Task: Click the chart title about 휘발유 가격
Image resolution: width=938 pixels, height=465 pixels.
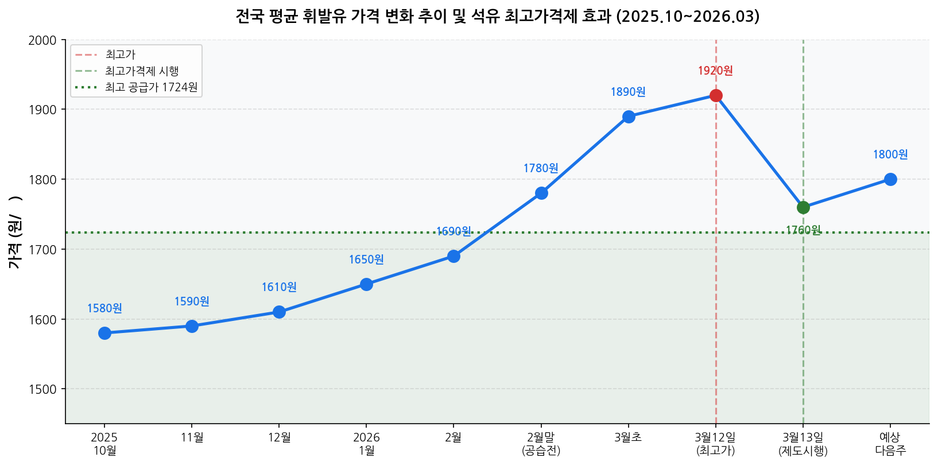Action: pyautogui.click(x=497, y=16)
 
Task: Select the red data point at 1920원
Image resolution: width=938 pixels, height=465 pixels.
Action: pyautogui.click(x=716, y=95)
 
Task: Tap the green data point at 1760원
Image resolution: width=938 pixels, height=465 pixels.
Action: pyautogui.click(x=803, y=207)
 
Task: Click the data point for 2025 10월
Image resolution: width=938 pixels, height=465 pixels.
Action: pyautogui.click(x=104, y=333)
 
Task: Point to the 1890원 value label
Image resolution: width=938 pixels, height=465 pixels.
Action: pyautogui.click(x=628, y=92)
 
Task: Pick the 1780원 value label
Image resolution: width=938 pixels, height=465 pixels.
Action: pyautogui.click(x=541, y=168)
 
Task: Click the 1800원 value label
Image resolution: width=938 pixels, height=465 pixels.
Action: pyautogui.click(x=890, y=154)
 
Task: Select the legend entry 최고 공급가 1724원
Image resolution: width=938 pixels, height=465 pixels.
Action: pyautogui.click(x=151, y=87)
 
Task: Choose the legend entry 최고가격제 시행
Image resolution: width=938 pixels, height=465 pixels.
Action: pyautogui.click(x=142, y=71)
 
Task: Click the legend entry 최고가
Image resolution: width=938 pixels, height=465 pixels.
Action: pyautogui.click(x=120, y=55)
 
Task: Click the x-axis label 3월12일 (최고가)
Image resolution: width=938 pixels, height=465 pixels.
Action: pyautogui.click(x=715, y=444)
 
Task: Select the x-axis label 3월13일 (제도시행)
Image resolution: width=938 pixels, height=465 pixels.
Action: pyautogui.click(x=803, y=444)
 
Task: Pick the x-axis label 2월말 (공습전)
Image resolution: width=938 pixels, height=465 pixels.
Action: pyautogui.click(x=541, y=444)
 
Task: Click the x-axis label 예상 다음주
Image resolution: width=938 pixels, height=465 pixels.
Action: pyautogui.click(x=890, y=444)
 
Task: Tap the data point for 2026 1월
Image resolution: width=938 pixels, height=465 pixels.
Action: pyautogui.click(x=366, y=284)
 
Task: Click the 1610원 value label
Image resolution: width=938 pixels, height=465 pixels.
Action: pyautogui.click(x=279, y=287)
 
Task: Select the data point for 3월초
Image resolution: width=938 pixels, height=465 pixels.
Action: pyautogui.click(x=629, y=117)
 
